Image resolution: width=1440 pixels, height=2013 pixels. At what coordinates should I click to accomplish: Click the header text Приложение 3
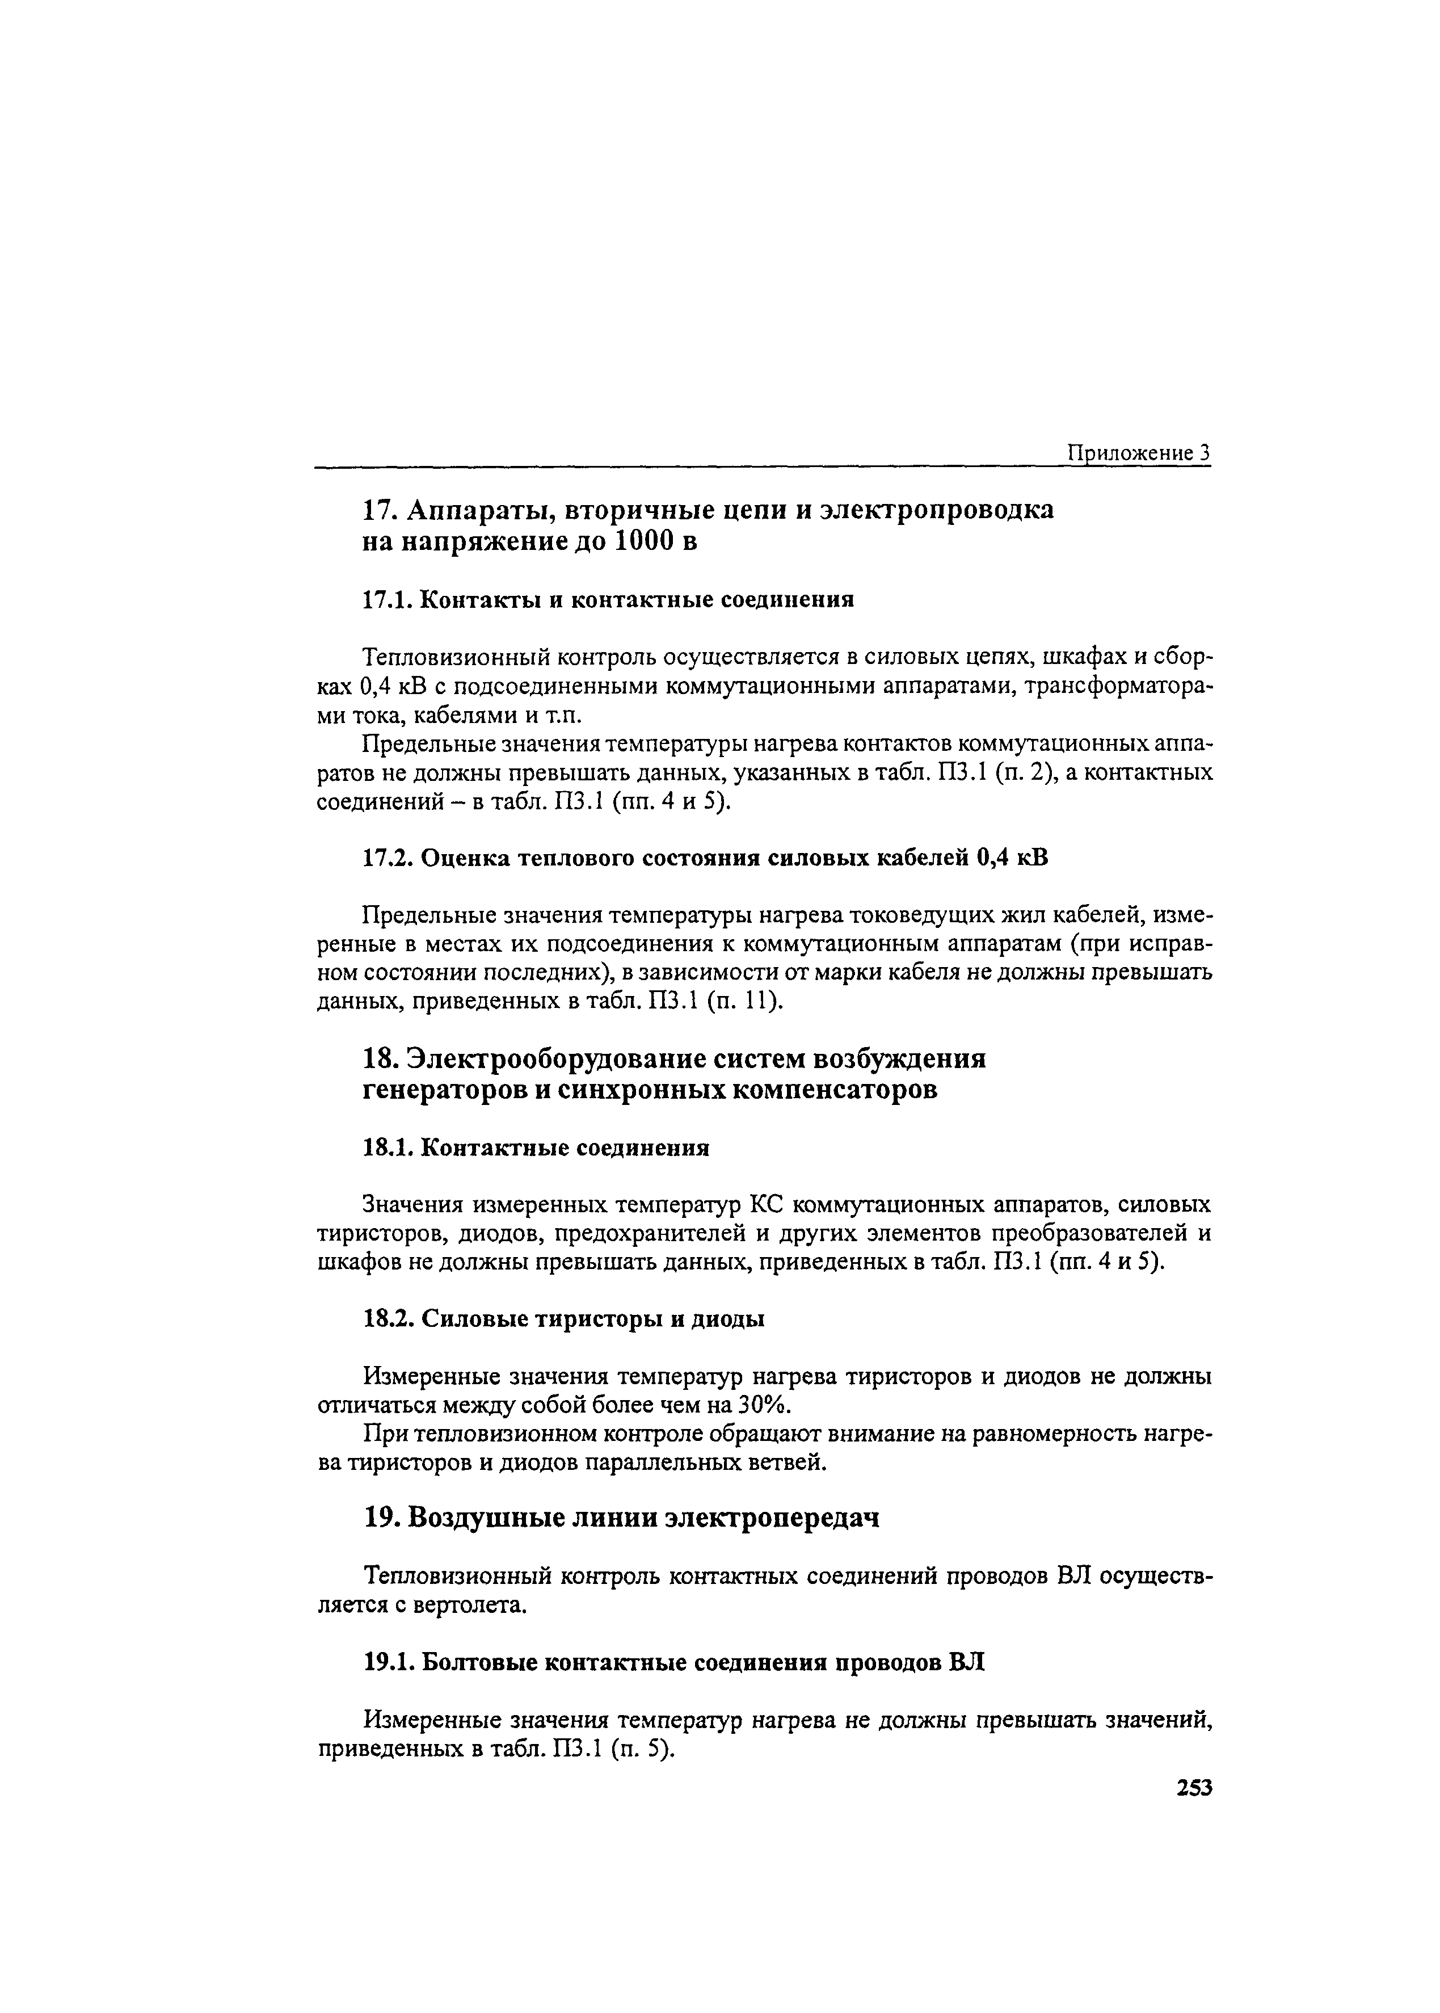pos(1139,453)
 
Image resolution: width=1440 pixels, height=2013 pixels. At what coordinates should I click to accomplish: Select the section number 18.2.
pos(388,1319)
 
